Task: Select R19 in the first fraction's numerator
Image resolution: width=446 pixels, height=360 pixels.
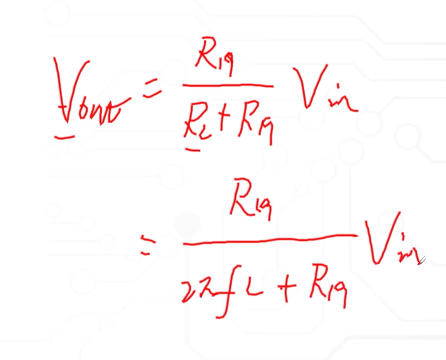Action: pos(215,60)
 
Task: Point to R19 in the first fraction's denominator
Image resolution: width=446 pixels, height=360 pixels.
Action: pos(255,126)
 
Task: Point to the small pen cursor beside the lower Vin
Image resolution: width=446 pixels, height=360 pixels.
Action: pos(421,260)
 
